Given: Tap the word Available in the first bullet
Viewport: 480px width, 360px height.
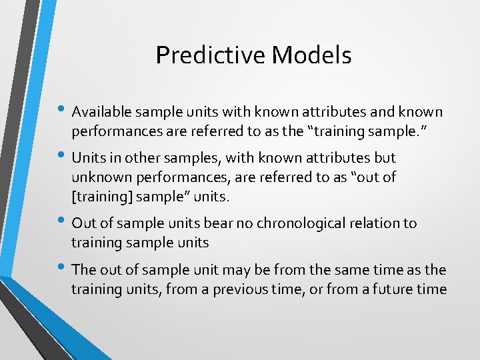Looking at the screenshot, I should click(x=100, y=111).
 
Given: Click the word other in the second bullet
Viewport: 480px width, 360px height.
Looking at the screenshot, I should click(x=143, y=158).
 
